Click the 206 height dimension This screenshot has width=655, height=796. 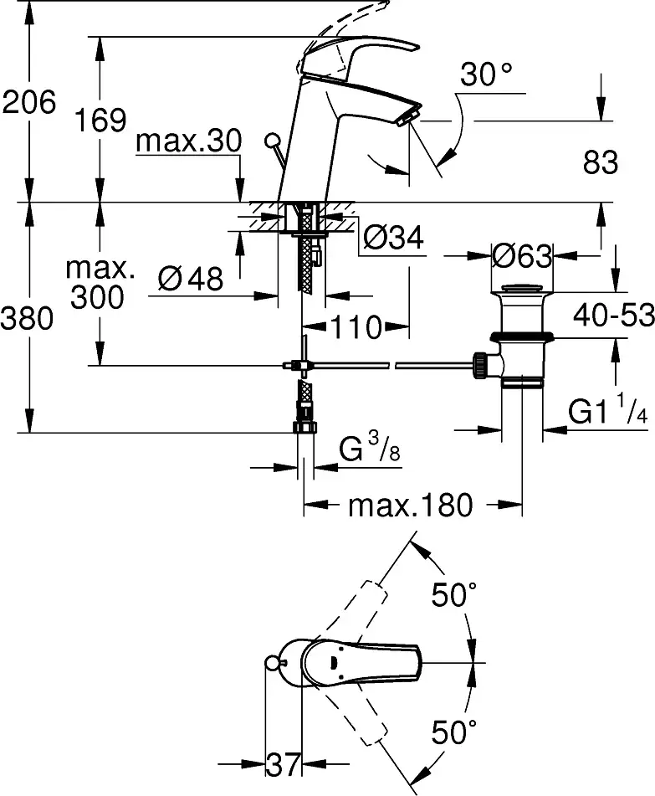[x=28, y=102]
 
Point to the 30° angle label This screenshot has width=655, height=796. [x=486, y=76]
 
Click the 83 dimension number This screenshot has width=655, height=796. [x=601, y=162]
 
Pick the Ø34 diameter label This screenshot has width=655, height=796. [x=392, y=240]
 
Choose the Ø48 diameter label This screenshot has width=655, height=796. [x=190, y=279]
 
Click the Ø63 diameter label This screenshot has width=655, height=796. [x=522, y=256]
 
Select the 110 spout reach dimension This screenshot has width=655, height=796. [x=354, y=326]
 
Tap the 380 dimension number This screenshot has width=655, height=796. [x=28, y=318]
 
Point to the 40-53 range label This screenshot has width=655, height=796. [x=614, y=316]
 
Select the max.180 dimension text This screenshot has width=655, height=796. [x=410, y=506]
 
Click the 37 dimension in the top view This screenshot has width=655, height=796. [x=282, y=763]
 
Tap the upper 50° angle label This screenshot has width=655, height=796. [x=454, y=595]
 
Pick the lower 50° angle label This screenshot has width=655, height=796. [x=454, y=733]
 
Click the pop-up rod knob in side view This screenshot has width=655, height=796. [x=271, y=140]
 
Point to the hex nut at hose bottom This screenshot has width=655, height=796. [x=305, y=426]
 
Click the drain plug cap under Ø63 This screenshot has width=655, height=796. [x=521, y=292]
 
